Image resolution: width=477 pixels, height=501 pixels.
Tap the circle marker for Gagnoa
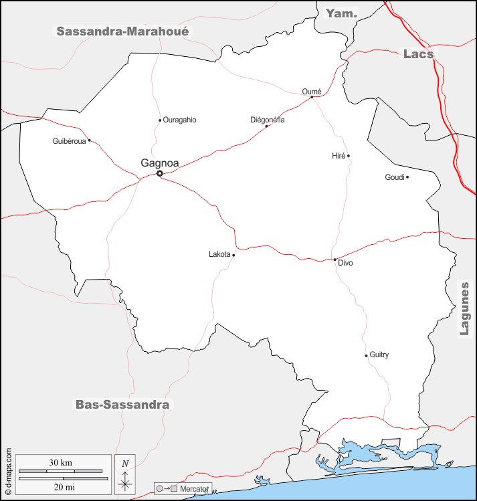[x=160, y=174]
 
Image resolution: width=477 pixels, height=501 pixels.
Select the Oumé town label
[x=312, y=92]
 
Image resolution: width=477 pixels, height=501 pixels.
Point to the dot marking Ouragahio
[x=160, y=120]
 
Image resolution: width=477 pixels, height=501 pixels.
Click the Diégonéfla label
[x=267, y=120]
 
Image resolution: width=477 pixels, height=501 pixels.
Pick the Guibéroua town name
[x=69, y=141]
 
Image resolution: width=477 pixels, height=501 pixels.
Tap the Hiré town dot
[x=349, y=156]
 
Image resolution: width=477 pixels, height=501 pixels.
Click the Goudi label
[x=395, y=177]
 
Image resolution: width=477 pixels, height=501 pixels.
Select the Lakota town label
[x=219, y=254]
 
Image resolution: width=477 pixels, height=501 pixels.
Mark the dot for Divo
[x=335, y=260]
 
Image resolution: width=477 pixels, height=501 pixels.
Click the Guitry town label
[x=379, y=355]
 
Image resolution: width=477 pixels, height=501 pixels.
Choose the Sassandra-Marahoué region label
[x=122, y=31]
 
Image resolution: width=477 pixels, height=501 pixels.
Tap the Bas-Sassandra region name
[x=122, y=405]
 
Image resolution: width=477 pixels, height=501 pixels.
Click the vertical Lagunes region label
[x=464, y=308]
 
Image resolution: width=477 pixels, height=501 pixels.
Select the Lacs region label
[x=418, y=54]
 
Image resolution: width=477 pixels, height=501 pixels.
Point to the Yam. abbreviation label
[x=341, y=13]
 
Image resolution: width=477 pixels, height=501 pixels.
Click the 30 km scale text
[x=61, y=463]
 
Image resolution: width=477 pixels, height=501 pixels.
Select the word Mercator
[x=195, y=489]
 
